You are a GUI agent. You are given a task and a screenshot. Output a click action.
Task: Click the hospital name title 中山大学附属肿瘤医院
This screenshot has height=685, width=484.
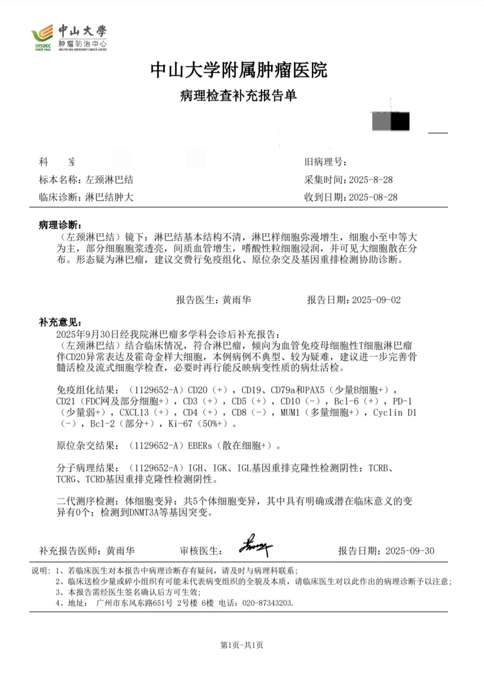(239, 70)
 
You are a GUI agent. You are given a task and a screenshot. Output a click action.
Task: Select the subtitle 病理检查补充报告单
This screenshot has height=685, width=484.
(238, 96)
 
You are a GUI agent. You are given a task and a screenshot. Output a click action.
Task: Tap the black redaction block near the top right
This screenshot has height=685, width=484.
(400, 121)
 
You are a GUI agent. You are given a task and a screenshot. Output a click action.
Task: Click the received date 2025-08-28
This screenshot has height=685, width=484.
(373, 197)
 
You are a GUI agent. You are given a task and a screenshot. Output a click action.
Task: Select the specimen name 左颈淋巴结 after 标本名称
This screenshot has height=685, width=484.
(109, 180)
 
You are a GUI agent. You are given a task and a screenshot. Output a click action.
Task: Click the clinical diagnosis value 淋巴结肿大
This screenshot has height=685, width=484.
(109, 197)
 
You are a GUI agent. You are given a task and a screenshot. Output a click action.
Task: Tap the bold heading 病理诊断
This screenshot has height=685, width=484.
(60, 225)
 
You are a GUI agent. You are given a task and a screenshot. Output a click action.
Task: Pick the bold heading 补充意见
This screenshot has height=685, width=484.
(60, 322)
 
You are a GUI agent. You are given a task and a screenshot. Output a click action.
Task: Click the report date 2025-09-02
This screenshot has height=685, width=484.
(376, 300)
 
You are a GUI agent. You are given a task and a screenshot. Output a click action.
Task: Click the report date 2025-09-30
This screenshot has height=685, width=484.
(410, 551)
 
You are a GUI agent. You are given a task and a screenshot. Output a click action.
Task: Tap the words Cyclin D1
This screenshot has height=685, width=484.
(394, 413)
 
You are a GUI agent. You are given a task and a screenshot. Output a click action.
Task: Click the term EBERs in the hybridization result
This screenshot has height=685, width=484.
(200, 446)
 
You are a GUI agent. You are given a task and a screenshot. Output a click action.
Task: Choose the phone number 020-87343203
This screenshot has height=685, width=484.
(268, 603)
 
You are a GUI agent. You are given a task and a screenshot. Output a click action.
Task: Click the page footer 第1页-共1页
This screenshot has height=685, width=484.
(242, 645)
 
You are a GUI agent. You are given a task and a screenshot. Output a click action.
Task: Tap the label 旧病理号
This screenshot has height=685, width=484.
(325, 162)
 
